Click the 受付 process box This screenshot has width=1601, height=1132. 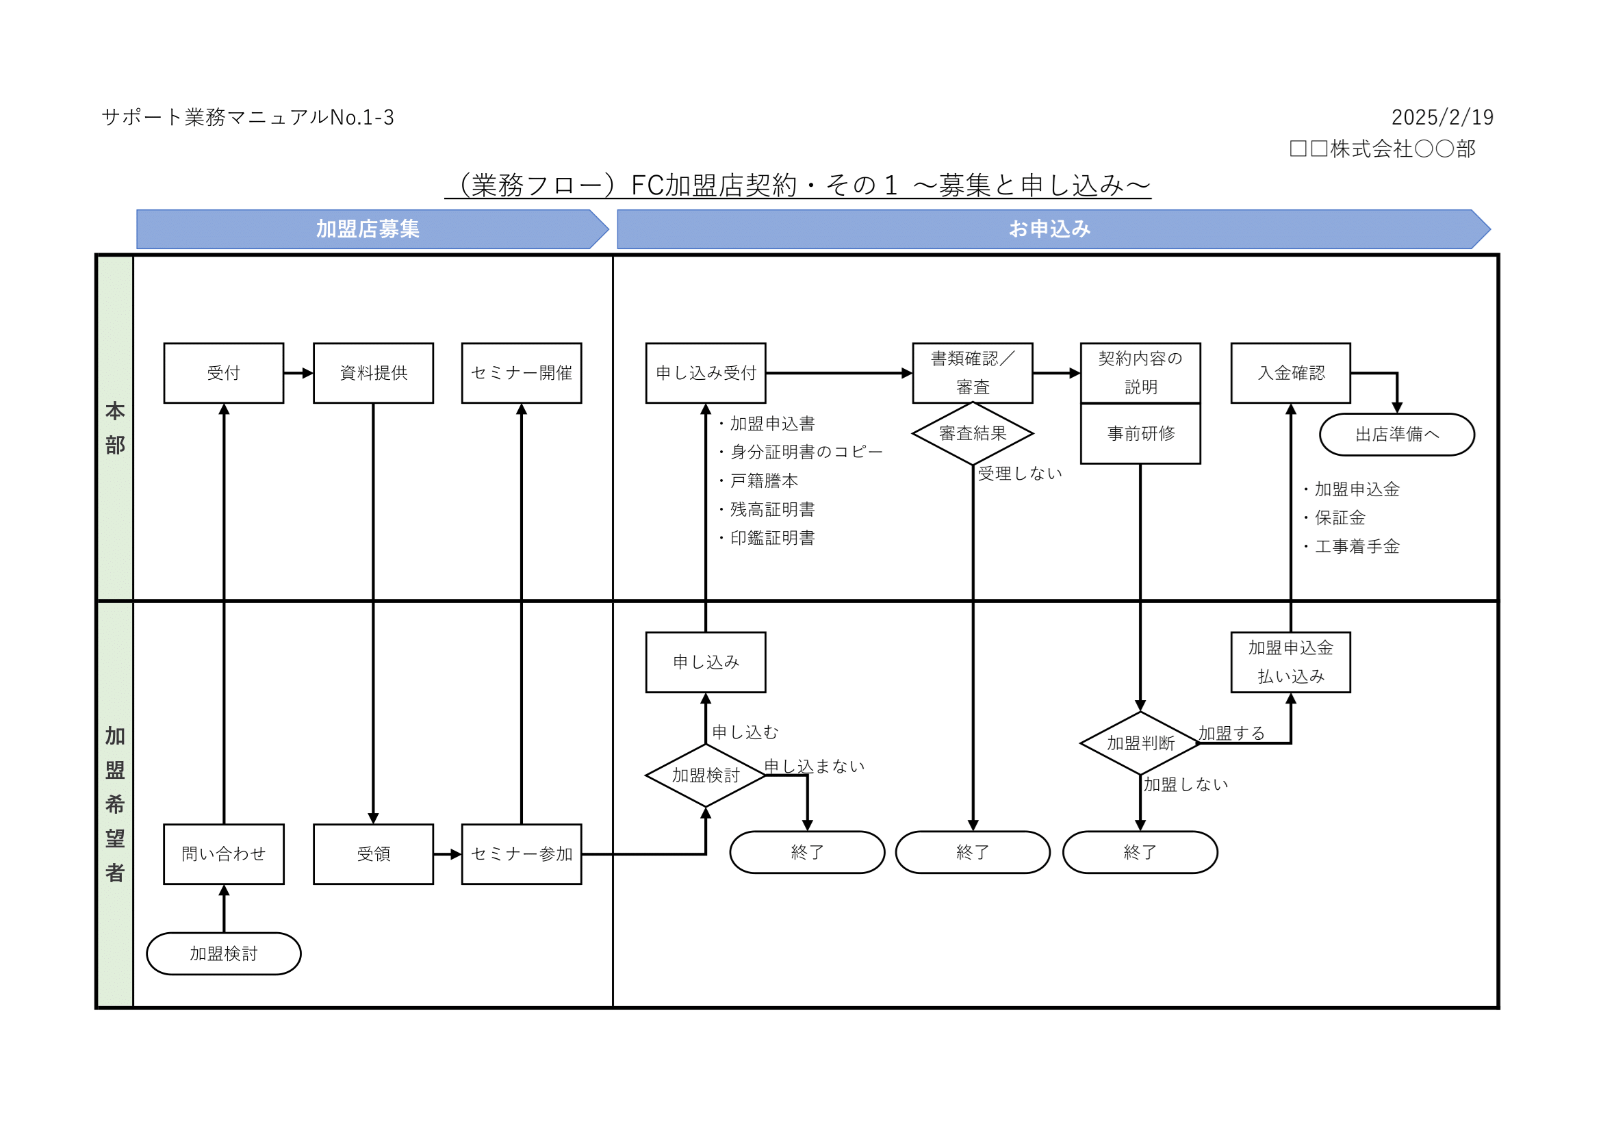tap(224, 373)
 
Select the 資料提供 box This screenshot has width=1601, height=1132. tap(373, 373)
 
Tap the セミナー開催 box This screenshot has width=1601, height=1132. tap(522, 373)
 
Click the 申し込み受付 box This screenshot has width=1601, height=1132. tap(706, 373)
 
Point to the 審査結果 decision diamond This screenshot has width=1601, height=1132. tap(973, 433)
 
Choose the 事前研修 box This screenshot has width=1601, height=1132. tap(1141, 433)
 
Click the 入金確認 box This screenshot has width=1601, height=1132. tap(1291, 373)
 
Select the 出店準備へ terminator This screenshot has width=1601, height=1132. tap(1397, 435)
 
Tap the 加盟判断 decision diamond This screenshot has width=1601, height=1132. tap(1141, 743)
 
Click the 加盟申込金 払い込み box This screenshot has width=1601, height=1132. tap(1291, 663)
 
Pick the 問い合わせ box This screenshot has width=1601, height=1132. tap(224, 854)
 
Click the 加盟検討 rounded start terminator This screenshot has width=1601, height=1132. tap(224, 953)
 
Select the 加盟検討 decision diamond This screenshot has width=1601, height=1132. tap(706, 775)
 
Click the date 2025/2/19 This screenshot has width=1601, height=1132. tap(1442, 117)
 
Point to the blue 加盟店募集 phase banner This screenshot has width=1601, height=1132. tap(368, 229)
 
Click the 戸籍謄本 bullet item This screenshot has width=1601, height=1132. tap(764, 481)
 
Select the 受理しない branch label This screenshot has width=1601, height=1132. tap(1019, 474)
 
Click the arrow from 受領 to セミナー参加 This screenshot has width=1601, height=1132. tap(447, 854)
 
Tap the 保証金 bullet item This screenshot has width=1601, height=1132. tap(1339, 518)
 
